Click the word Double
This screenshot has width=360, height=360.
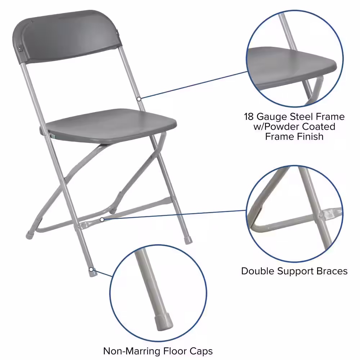point(259,271)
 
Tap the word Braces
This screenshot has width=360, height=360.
point(333,271)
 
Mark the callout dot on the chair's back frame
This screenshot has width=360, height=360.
point(139,98)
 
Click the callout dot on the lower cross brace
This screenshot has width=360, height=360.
point(102,219)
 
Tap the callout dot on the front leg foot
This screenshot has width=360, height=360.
point(92,269)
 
